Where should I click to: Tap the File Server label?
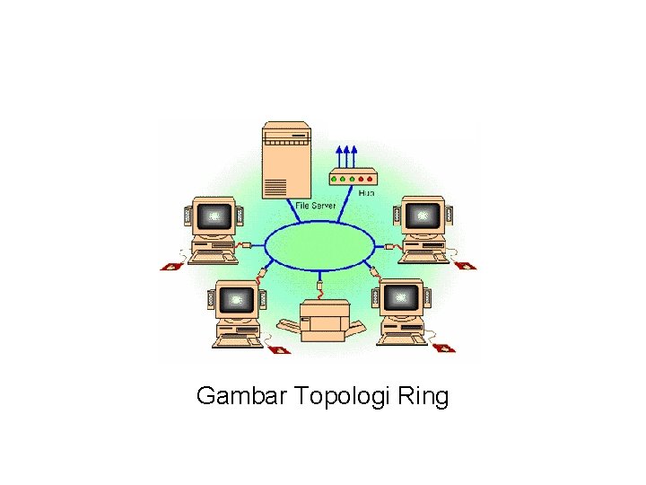[x=317, y=205]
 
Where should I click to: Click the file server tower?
[x=286, y=160]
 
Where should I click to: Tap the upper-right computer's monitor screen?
[x=420, y=216]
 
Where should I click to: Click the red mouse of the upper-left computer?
[x=170, y=266]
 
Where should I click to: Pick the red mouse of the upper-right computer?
[x=466, y=265]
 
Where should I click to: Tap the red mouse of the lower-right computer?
[x=445, y=347]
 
